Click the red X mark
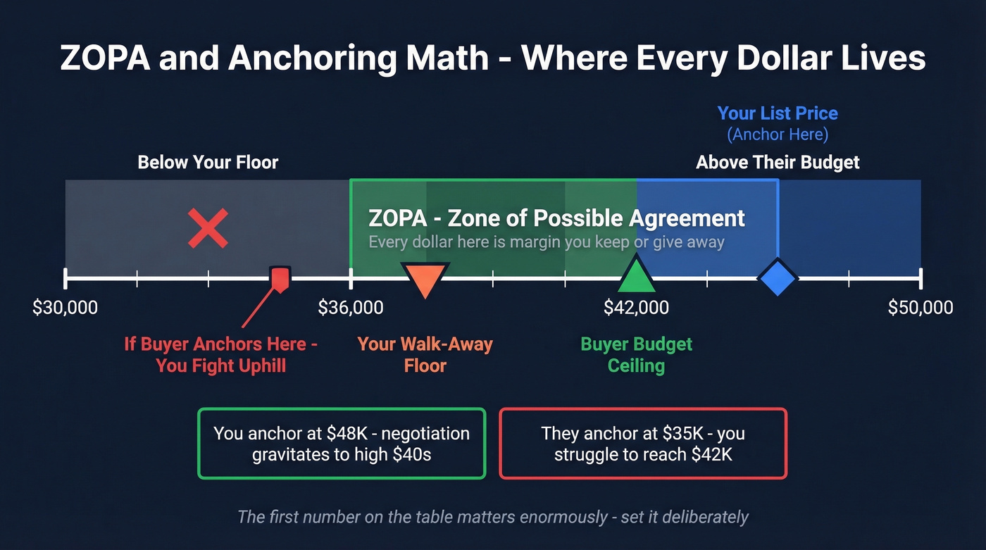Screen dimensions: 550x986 point(208,228)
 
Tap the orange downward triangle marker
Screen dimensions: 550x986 point(424,280)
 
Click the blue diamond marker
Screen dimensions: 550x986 point(778,278)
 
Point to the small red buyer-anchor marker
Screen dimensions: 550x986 point(280,279)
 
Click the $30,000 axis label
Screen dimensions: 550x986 point(65,308)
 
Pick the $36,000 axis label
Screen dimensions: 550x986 point(351,308)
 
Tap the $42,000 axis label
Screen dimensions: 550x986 point(636,308)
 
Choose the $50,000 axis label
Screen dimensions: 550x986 point(920,308)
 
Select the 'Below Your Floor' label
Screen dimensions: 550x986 point(208,163)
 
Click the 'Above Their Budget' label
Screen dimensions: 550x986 point(778,163)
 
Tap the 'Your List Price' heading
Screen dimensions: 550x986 point(778,113)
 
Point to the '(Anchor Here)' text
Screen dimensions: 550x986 point(778,134)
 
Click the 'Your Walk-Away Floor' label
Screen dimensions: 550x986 point(425,355)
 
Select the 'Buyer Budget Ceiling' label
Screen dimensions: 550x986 point(636,355)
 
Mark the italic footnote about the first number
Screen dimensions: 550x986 point(492,517)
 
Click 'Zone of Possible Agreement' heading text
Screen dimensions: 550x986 point(596,218)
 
